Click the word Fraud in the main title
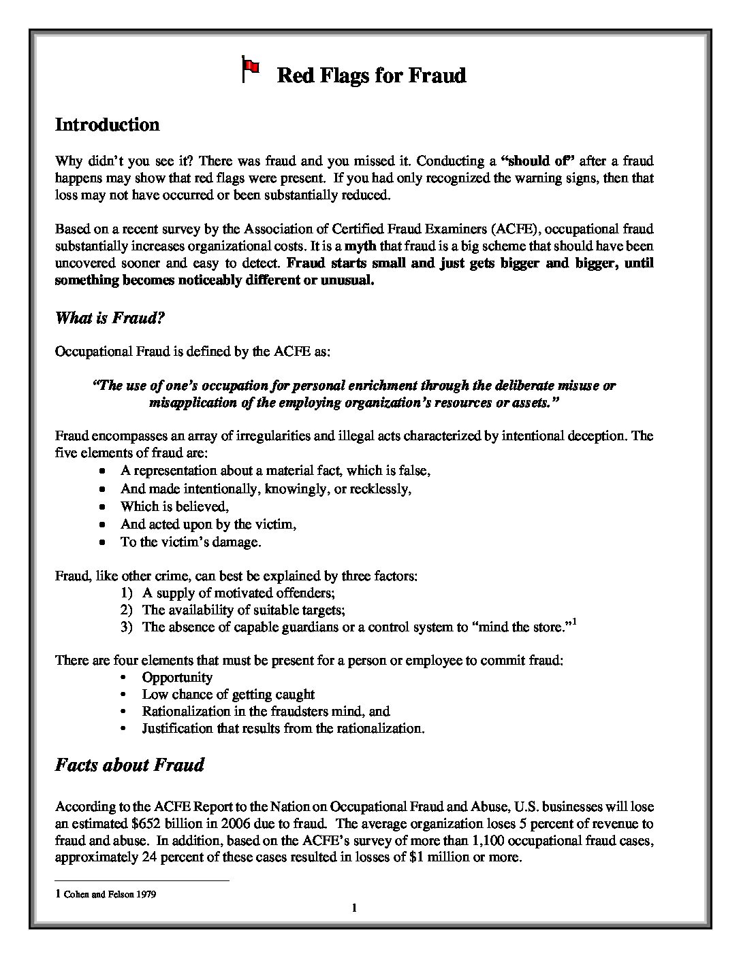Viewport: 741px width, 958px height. [437, 75]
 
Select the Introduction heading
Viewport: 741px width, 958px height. [107, 125]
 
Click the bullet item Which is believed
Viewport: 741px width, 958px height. [174, 506]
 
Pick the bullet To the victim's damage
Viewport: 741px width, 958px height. [191, 542]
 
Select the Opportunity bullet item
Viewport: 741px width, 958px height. [177, 678]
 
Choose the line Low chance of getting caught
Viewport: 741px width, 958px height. [228, 695]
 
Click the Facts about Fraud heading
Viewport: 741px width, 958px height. [129, 765]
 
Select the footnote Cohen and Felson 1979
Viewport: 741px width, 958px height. [110, 895]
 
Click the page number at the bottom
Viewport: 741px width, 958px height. [354, 908]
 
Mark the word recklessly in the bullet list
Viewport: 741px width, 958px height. [382, 489]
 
